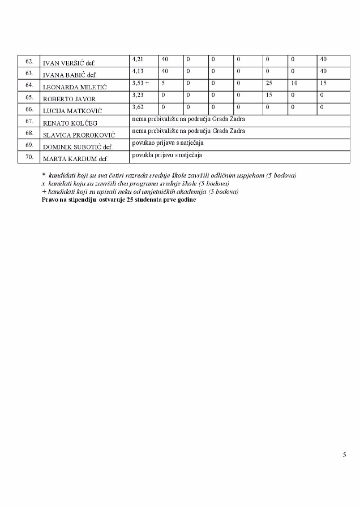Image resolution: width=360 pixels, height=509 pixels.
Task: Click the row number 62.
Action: [29, 61]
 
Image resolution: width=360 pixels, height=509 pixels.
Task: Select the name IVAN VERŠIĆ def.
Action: [70, 63]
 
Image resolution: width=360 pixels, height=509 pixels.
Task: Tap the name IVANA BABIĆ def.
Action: [70, 75]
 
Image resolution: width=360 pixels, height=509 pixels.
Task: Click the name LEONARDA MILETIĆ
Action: [75, 87]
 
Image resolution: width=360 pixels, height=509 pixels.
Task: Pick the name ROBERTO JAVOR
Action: [70, 99]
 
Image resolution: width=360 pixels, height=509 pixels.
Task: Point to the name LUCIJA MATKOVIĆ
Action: [72, 110]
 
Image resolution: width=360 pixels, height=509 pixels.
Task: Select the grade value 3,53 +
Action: [140, 83]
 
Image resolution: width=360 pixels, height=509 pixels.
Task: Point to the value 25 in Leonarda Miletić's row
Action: [269, 83]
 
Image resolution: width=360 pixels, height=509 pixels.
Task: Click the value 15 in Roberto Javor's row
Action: [269, 95]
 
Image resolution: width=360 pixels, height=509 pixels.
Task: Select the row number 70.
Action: [29, 156]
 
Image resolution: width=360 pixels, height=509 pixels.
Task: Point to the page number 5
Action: [344, 454]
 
